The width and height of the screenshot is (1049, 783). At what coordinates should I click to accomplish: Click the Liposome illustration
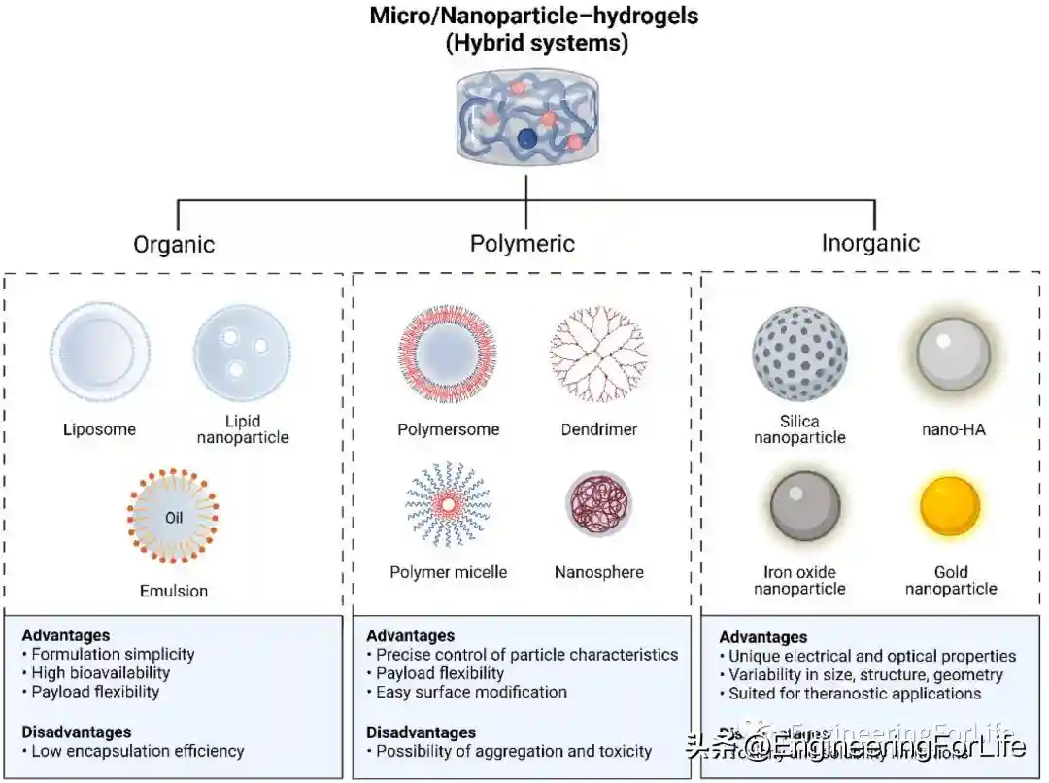[93, 354]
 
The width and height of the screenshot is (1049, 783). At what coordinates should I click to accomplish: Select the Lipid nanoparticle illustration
[242, 354]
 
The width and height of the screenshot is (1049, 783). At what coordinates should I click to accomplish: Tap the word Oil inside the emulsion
[174, 518]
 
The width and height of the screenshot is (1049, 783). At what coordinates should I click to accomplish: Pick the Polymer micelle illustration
[449, 505]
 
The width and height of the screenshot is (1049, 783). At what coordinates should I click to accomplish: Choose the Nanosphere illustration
[599, 505]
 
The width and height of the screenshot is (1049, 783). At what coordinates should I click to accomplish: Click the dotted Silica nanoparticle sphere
[799, 354]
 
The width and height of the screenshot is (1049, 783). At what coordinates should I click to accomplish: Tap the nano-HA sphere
[953, 354]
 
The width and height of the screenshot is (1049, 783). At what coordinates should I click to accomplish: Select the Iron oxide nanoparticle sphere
[805, 506]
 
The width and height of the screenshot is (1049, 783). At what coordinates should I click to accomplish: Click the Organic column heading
[174, 243]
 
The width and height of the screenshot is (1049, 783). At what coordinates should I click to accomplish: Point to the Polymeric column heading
[523, 243]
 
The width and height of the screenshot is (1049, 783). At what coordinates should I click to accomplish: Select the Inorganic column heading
[870, 243]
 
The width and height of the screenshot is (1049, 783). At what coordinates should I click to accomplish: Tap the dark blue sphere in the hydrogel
[527, 139]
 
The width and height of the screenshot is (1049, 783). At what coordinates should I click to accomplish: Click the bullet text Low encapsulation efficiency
[138, 751]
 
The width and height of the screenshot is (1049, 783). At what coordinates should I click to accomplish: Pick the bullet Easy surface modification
[471, 693]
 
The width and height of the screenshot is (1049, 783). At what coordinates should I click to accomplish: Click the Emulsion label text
[174, 590]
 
